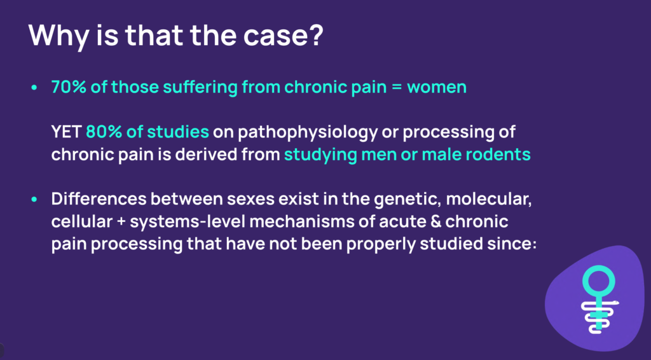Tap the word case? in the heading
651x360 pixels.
283,35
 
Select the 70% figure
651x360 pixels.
69,87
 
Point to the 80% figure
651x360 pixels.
103,132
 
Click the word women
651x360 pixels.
437,87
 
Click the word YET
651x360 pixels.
66,132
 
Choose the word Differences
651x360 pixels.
99,199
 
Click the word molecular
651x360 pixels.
489,200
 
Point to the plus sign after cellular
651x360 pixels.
121,222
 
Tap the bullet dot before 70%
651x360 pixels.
34,88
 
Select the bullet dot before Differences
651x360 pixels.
34,199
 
